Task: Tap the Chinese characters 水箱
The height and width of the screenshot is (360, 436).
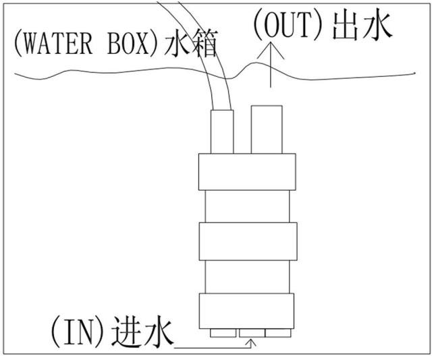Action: (190, 44)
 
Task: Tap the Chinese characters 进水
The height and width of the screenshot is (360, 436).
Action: (142, 332)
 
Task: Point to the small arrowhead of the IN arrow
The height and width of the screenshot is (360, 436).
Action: (252, 343)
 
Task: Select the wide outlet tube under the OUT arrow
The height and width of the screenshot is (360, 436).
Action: (267, 129)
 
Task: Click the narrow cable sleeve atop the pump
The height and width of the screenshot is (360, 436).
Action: (222, 131)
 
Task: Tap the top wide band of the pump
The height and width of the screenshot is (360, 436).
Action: (247, 172)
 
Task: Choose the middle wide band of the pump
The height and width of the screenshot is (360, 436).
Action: (248, 241)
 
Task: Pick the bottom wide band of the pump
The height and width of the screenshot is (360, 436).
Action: (246, 311)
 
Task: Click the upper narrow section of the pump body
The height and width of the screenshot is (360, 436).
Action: (247, 206)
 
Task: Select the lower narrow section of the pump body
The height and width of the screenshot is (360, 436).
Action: (247, 276)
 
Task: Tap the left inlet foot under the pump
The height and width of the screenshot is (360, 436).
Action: (223, 333)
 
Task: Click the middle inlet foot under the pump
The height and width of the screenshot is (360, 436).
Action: (252, 333)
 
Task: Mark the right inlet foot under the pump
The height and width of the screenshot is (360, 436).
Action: (278, 333)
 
